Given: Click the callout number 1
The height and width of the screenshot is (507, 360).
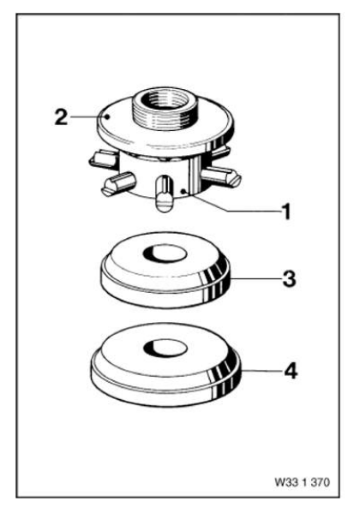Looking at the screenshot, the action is [286, 212].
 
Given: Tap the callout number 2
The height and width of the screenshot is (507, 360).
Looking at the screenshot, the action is [61, 117].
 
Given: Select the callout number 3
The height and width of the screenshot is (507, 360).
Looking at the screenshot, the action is [289, 278].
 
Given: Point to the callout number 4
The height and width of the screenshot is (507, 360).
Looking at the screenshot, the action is [291, 371].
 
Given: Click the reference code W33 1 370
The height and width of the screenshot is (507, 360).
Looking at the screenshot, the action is [302, 482].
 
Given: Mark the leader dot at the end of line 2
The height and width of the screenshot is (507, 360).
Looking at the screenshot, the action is [108, 116].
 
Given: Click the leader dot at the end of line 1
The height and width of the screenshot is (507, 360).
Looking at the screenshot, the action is [183, 192].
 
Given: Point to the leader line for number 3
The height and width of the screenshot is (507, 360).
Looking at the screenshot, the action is [255, 278].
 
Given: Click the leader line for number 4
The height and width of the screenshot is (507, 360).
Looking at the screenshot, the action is [261, 371].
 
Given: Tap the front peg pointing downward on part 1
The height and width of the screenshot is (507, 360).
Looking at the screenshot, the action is [164, 194].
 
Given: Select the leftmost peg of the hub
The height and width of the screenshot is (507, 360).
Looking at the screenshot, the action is [102, 158].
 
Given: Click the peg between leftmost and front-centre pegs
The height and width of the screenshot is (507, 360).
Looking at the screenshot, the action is [118, 183].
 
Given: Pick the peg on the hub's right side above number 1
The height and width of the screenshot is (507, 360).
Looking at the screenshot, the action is [221, 176].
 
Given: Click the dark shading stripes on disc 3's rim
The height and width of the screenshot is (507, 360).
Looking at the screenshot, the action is [214, 282].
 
